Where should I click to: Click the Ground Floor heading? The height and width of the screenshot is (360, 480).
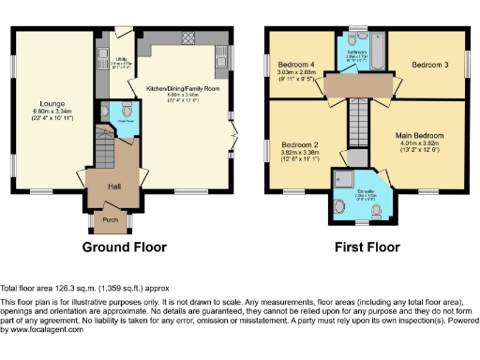pos(124,248)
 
